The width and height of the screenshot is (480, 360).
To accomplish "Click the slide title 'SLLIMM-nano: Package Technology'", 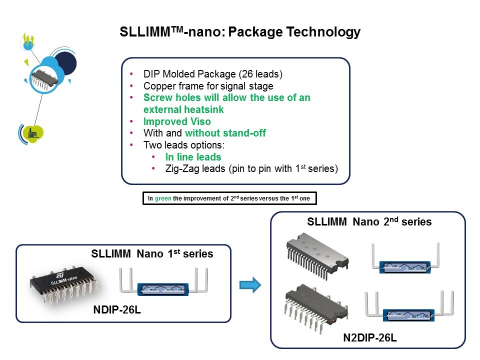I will point(240,32).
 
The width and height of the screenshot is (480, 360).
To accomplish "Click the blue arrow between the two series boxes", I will point(250,285).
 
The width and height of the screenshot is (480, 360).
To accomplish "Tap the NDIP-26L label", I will point(117,310).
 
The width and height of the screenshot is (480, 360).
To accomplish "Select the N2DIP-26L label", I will point(370,338).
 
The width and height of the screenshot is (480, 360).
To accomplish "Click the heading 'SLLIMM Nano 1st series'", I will point(152,254).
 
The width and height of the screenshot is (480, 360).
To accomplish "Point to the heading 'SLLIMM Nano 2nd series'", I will point(369,221).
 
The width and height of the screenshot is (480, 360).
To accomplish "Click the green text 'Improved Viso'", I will point(177,121).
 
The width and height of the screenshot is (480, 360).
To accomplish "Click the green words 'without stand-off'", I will point(225,133).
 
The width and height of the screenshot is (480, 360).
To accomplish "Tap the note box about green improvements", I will point(229,198).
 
